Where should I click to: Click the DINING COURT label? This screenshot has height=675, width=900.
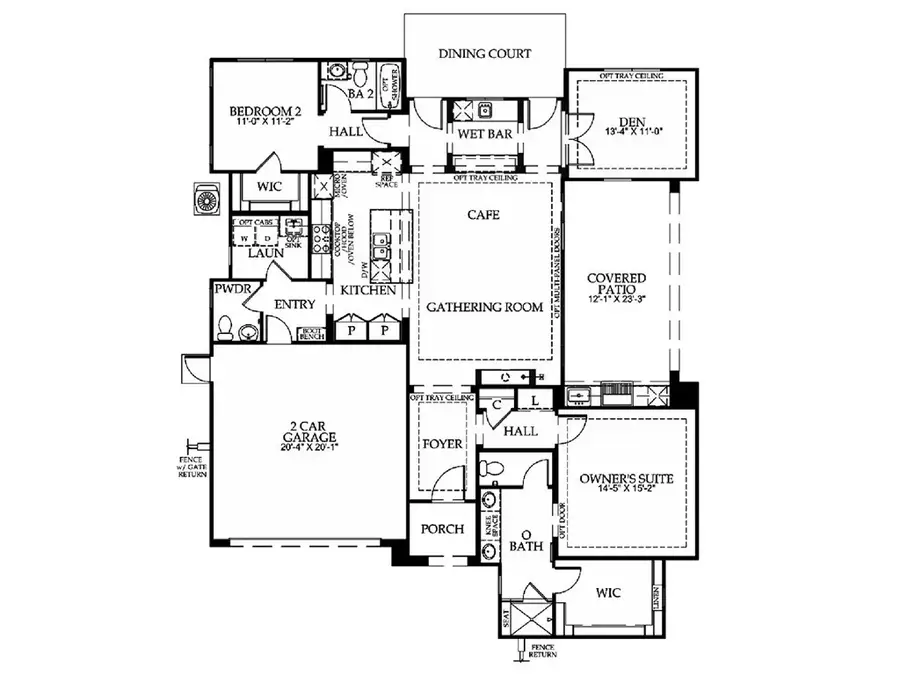point(485,54)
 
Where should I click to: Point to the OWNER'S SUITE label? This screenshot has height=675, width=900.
point(626,479)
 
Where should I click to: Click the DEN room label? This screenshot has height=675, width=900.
point(626,119)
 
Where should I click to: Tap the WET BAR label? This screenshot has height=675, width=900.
point(485,134)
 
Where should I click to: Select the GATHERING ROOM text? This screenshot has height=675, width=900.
point(485,307)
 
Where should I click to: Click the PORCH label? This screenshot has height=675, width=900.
point(441,529)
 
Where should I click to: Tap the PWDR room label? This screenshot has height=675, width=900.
point(231,289)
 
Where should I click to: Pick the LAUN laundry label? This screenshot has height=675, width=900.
point(266,254)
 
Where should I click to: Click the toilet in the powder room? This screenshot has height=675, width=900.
point(227,326)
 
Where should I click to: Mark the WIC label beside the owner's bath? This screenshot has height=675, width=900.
point(607,593)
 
